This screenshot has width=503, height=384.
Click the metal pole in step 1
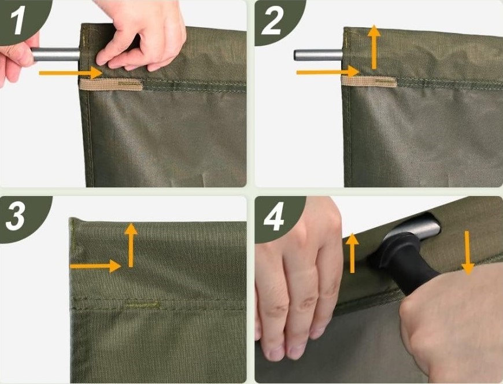coord(56,54)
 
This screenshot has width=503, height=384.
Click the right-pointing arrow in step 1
coord(71,73)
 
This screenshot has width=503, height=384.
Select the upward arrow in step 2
coord(373,47)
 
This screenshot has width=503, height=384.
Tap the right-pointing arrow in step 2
coord(328,72)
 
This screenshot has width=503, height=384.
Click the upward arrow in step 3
coord(131,245)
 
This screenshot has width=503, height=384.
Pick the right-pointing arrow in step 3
coord(95,266)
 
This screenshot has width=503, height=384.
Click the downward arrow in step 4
coord(468,253)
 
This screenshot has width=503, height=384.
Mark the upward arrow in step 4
coord(352,253)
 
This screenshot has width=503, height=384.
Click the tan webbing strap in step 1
coord(111,84)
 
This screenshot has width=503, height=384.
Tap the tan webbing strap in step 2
coord(369,82)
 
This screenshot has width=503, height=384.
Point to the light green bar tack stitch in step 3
coord(142,304)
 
